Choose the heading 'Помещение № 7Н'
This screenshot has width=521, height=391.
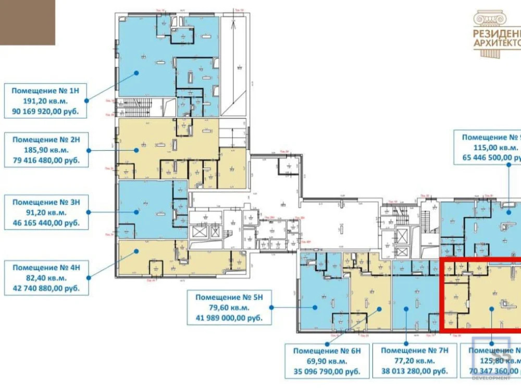pyautogui.click(x=414, y=351)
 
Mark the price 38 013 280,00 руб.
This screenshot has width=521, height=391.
pyautogui.click(x=414, y=372)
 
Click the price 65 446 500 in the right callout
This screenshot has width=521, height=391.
pyautogui.click(x=490, y=157)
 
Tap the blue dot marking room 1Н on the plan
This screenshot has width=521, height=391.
pyautogui.click(x=137, y=73)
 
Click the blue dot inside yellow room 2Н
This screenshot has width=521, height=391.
pyautogui.click(x=137, y=150)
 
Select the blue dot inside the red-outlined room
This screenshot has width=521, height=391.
pyautogui.click(x=491, y=309)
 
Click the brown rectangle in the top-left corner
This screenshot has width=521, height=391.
pyautogui.click(x=27, y=22)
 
